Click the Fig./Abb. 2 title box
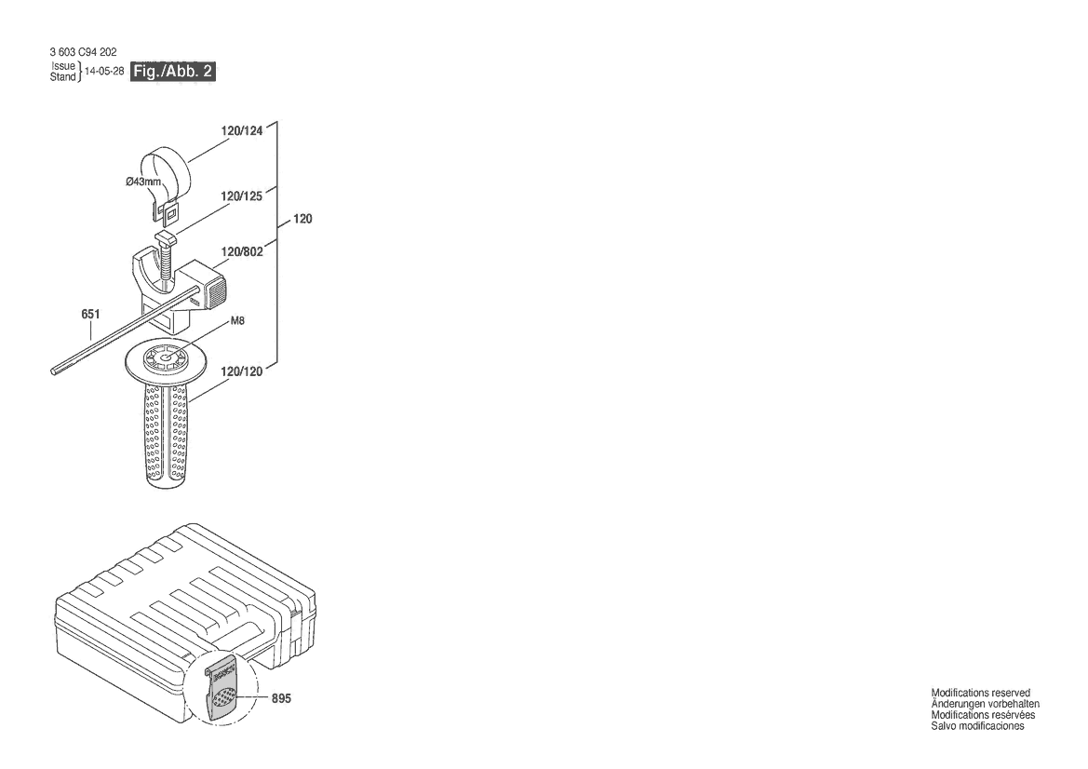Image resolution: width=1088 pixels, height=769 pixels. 174,72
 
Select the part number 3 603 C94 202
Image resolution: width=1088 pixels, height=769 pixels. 82,52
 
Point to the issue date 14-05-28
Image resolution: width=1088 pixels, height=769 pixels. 104,72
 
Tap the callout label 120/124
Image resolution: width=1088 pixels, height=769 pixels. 242,131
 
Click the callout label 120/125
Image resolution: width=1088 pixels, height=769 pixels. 242,197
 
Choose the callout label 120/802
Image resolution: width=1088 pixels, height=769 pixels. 242,250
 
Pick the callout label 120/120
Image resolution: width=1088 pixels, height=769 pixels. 242,371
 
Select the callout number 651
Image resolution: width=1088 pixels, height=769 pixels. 90,315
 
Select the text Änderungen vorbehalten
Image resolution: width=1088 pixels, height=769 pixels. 986,704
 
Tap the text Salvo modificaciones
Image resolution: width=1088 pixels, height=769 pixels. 978,726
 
